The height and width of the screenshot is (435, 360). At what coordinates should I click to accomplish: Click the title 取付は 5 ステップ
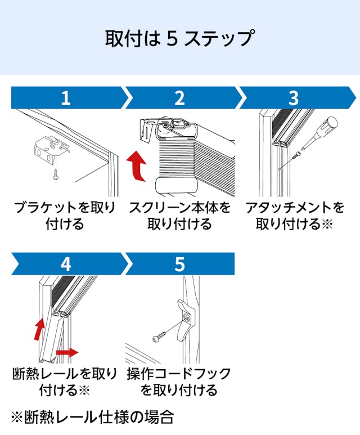click(179, 38)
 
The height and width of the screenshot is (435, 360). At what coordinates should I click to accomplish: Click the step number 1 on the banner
click(66, 98)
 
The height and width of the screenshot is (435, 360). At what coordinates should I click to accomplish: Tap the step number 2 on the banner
click(179, 98)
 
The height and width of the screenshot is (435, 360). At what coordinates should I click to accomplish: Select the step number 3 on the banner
click(294, 98)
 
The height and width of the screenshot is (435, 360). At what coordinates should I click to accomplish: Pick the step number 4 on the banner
click(66, 264)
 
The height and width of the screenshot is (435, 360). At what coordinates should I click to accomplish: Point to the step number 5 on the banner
click(179, 264)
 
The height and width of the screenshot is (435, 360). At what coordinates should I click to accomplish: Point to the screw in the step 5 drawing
click(159, 338)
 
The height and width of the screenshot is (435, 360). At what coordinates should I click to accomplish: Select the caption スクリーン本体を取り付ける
click(179, 216)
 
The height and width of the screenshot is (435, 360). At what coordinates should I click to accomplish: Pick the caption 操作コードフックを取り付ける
click(179, 381)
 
